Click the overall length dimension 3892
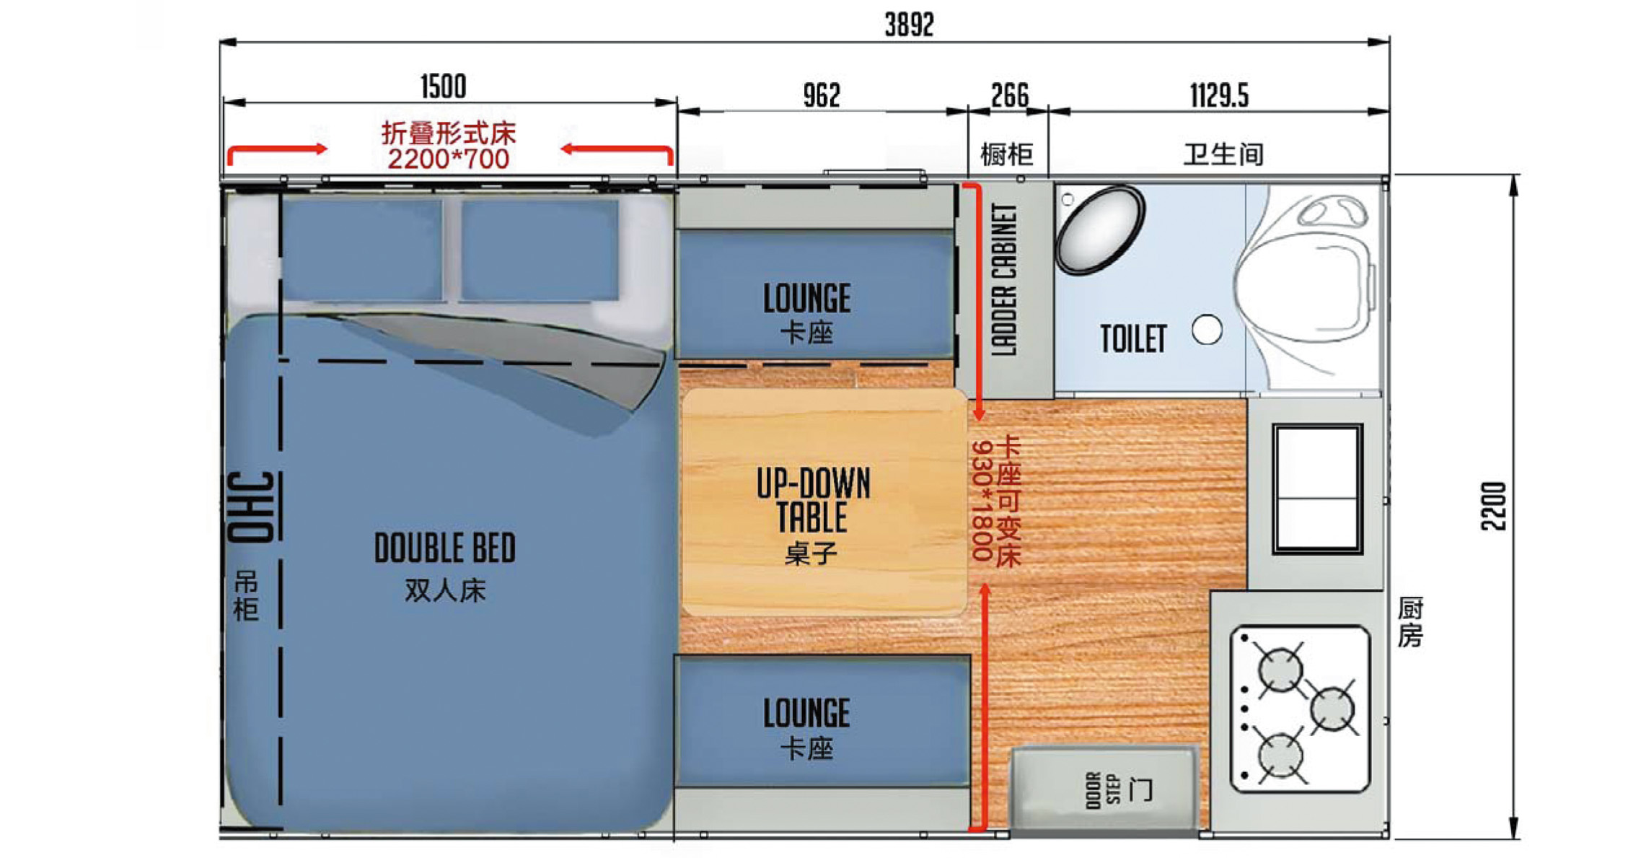[909, 25]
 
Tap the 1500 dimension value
[443, 87]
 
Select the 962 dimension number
[822, 95]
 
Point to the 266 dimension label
[1010, 95]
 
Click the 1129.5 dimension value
[1219, 95]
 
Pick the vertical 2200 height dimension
[1494, 506]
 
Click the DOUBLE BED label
[445, 548]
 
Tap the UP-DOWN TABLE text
[814, 500]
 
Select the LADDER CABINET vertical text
[1004, 279]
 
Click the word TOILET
[1133, 338]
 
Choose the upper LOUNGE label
[807, 298]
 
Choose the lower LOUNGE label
[807, 713]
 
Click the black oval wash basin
[1100, 229]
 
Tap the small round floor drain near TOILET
[1207, 330]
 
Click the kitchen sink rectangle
[1317, 489]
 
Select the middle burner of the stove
[1332, 709]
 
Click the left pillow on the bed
[362, 250]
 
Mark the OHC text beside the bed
[250, 507]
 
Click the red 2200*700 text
[448, 159]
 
